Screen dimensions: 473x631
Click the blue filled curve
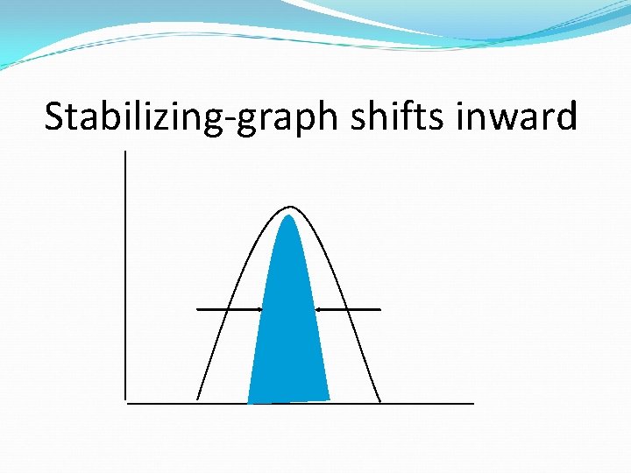(288, 333)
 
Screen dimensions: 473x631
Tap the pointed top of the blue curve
(287, 216)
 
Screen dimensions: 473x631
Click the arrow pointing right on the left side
(230, 309)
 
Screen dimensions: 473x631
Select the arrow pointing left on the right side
(348, 309)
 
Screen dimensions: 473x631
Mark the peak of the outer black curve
(290, 208)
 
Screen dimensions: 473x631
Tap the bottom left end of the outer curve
(197, 399)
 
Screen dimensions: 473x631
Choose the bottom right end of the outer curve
(380, 401)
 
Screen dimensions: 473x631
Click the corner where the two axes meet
(127, 403)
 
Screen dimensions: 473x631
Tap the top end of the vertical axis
(126, 152)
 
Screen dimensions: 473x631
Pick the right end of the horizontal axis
(472, 403)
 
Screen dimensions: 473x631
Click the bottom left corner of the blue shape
(249, 402)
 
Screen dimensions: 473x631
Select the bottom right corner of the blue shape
(329, 399)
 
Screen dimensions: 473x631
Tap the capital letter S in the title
(54, 116)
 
